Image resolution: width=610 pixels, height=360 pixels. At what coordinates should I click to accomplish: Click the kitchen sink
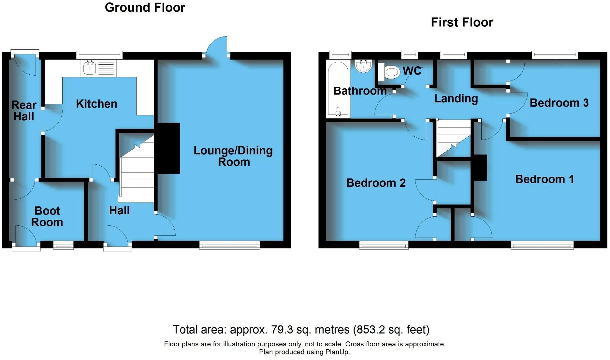[x=99, y=68]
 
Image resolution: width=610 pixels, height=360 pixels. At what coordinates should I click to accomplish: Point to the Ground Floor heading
[x=145, y=7]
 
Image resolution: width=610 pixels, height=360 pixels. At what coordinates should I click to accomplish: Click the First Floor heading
[x=462, y=22]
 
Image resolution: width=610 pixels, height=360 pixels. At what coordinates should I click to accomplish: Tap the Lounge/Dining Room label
[x=233, y=156]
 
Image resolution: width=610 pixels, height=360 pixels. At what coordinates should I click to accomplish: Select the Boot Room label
[x=47, y=217]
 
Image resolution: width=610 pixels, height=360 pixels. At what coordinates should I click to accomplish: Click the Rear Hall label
[x=24, y=111]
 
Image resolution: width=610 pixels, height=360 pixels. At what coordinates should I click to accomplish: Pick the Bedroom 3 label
[x=559, y=103]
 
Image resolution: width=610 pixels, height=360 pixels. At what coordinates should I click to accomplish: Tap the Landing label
[x=456, y=98]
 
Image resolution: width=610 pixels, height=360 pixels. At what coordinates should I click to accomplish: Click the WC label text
[x=412, y=71]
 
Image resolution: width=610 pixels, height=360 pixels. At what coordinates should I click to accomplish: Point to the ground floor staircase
[x=137, y=169]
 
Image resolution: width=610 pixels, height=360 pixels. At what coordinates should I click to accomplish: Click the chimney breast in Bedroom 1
[x=479, y=168]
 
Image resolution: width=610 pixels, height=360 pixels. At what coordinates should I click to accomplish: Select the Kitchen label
[x=96, y=104]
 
